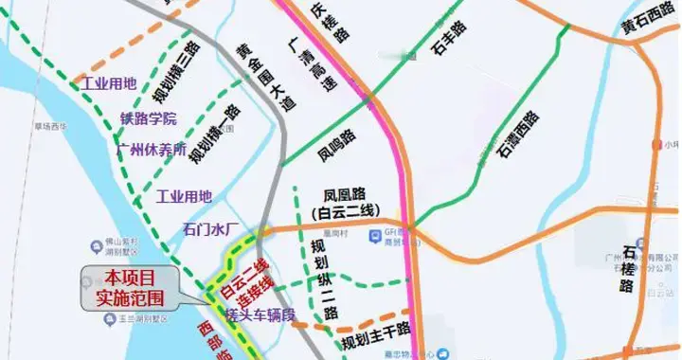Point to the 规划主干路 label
pyautogui.click(x=375, y=332)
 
